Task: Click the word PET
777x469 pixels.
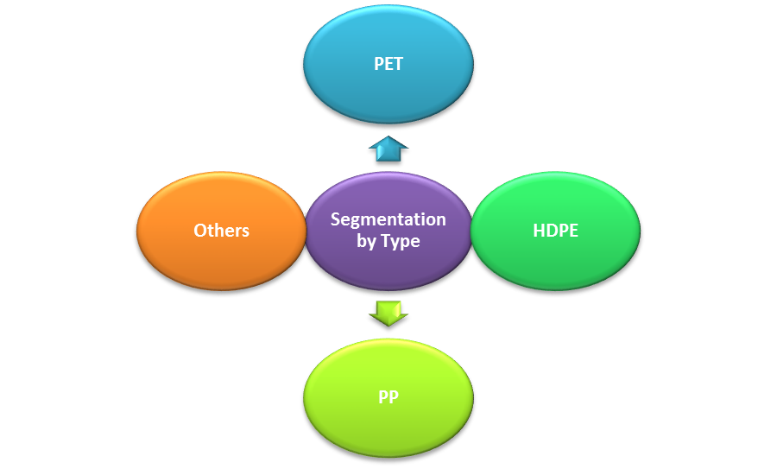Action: click(x=388, y=65)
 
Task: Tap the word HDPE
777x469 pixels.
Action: click(x=555, y=231)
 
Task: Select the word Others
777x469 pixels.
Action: click(x=221, y=231)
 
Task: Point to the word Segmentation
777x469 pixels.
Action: click(x=388, y=219)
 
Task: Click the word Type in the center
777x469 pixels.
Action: click(x=401, y=241)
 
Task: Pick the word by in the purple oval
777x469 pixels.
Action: click(x=367, y=241)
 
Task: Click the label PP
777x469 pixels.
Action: click(x=388, y=398)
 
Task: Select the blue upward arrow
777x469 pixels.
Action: click(x=388, y=149)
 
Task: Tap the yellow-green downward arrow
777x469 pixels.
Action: click(x=388, y=312)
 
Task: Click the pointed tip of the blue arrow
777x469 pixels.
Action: click(x=388, y=138)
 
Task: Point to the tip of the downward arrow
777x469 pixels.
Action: click(x=388, y=324)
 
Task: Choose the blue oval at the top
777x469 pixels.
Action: click(x=388, y=35)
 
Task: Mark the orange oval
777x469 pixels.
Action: click(x=221, y=263)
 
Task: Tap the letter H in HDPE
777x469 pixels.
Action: click(x=538, y=231)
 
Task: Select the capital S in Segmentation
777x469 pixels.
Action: click(x=335, y=219)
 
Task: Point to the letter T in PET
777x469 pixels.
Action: click(x=398, y=65)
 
